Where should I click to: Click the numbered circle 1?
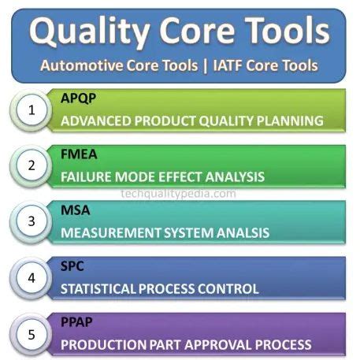click(x=32, y=110)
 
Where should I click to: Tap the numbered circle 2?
click(x=32, y=166)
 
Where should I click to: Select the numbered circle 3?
click(x=32, y=221)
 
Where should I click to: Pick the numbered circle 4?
click(x=32, y=278)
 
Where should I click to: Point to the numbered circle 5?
click(x=32, y=335)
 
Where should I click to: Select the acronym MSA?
click(x=75, y=211)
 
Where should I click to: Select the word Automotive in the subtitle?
click(x=80, y=65)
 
